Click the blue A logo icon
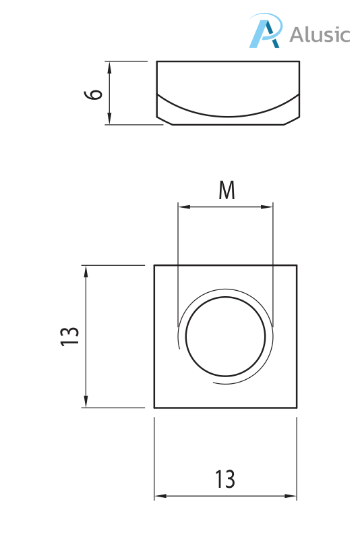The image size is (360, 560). pos(264,32)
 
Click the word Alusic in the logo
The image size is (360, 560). pos(320,34)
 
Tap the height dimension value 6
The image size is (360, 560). pos(95,93)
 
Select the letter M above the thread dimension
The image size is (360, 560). pos(227,191)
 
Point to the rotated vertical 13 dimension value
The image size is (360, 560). pos(69,336)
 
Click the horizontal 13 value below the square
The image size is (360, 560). pos(225,480)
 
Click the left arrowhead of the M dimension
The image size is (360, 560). pos(181,207)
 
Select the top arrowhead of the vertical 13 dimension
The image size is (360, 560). pos(86,270)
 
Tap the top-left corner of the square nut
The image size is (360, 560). pos(154,265)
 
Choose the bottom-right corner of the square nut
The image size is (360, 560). pos(297,408)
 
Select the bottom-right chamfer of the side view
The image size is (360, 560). pos(292,121)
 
